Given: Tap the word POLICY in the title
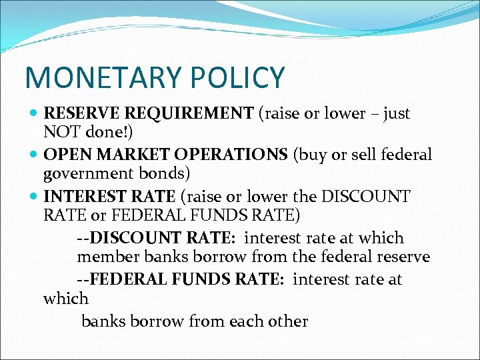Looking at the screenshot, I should [239, 78].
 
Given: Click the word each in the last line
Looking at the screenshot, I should [246, 321].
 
